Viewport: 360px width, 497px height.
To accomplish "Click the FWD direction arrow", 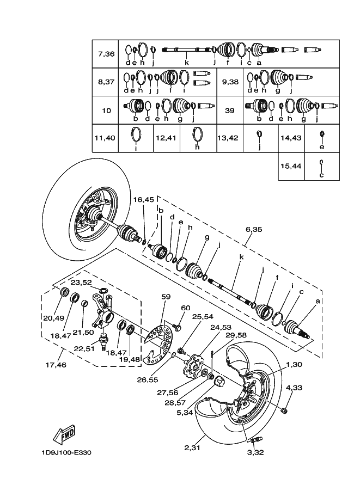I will (x=64, y=433).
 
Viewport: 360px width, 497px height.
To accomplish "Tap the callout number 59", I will (x=166, y=297).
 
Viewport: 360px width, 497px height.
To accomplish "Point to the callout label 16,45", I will (x=144, y=200).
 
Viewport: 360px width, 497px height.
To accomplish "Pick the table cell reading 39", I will (x=229, y=110).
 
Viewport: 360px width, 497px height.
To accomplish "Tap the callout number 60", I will (x=186, y=308).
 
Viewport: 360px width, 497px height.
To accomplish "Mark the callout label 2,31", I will (x=193, y=448).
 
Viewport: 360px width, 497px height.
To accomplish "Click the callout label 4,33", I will (x=294, y=388).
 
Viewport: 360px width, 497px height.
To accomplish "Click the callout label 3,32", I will (x=256, y=452).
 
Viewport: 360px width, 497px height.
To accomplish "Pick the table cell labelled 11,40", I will (x=106, y=138).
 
